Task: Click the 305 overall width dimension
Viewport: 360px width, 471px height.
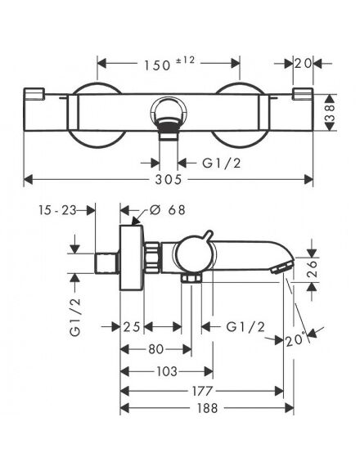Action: (x=169, y=179)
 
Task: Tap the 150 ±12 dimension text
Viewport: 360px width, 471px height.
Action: (x=169, y=64)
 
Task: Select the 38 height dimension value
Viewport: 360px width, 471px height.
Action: (x=330, y=113)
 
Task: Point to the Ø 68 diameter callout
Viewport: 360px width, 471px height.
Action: (x=168, y=210)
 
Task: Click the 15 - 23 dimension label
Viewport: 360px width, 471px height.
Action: (x=57, y=210)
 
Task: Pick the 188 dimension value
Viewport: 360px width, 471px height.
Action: (x=207, y=408)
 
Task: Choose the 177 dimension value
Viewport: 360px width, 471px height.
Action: (x=202, y=391)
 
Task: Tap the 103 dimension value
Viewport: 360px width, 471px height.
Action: (x=167, y=372)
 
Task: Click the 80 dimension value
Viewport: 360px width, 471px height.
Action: (x=156, y=349)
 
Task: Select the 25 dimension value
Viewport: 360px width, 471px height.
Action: (x=132, y=326)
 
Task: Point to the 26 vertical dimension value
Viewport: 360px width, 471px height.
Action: (x=313, y=268)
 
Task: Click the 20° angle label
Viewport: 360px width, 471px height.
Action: (x=295, y=340)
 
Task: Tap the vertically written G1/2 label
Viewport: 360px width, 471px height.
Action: (x=75, y=317)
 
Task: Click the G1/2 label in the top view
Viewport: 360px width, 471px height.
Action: (x=222, y=163)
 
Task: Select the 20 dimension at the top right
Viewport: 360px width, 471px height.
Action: (x=303, y=63)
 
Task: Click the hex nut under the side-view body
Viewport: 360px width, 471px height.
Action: (x=191, y=278)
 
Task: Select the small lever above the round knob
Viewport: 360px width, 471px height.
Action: (x=209, y=236)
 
